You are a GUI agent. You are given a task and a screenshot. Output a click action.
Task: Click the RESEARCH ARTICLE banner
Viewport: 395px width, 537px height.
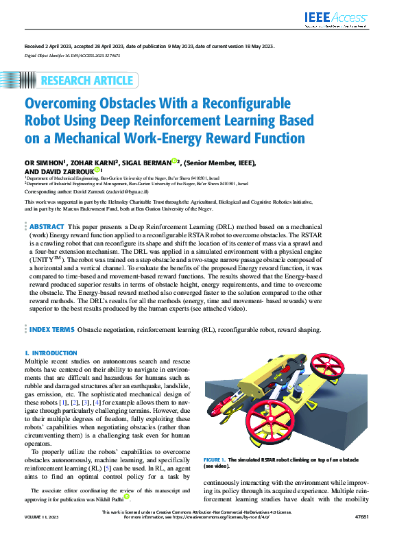click(86, 81)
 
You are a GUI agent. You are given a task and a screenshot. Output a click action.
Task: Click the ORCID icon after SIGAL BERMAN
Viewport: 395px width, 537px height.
click(176, 162)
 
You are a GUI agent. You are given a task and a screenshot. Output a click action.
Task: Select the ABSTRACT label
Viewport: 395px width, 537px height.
click(48, 226)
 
